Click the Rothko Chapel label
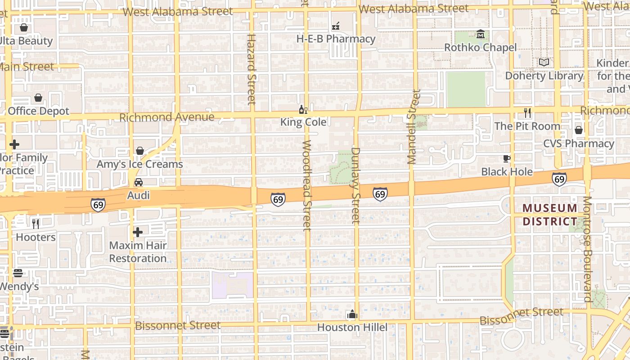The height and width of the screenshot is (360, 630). click(x=480, y=47)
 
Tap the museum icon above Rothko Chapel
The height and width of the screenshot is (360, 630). click(x=481, y=35)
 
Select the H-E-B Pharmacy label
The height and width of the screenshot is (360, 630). click(x=336, y=39)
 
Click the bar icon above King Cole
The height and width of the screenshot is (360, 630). click(x=303, y=109)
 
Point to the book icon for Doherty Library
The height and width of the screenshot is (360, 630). click(x=544, y=63)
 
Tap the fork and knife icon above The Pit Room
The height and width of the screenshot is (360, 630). click(x=527, y=112)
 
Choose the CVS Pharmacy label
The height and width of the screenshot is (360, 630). click(x=578, y=144)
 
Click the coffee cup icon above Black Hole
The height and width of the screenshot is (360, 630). click(x=507, y=158)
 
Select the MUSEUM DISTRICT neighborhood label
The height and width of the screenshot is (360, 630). click(x=550, y=215)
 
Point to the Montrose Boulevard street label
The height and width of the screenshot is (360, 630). click(x=587, y=249)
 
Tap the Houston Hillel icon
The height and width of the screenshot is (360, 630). click(x=352, y=314)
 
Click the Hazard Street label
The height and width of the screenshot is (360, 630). click(x=252, y=69)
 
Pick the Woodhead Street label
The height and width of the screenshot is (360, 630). click(x=307, y=185)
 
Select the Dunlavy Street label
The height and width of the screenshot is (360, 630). click(x=356, y=185)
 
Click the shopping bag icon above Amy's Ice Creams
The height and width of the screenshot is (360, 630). click(x=140, y=151)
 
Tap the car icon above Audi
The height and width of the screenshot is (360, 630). click(x=139, y=182)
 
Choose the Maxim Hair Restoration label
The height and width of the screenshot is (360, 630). click(x=138, y=252)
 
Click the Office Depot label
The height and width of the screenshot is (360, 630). click(x=39, y=111)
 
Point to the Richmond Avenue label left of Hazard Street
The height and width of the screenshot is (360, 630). click(x=167, y=117)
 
